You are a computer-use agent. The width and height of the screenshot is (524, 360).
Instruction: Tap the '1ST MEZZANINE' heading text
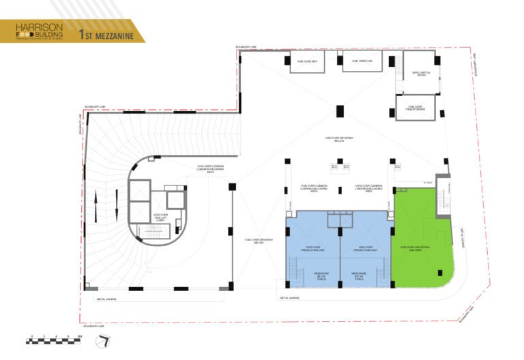106,33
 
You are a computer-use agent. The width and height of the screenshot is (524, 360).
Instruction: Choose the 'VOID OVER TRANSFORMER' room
416,107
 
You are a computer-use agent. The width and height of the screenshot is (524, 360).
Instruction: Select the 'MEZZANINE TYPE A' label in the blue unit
359,275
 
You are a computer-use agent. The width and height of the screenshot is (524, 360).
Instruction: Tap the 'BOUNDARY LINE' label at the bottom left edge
94,326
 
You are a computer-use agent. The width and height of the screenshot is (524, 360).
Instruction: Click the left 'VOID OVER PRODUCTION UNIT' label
313,248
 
